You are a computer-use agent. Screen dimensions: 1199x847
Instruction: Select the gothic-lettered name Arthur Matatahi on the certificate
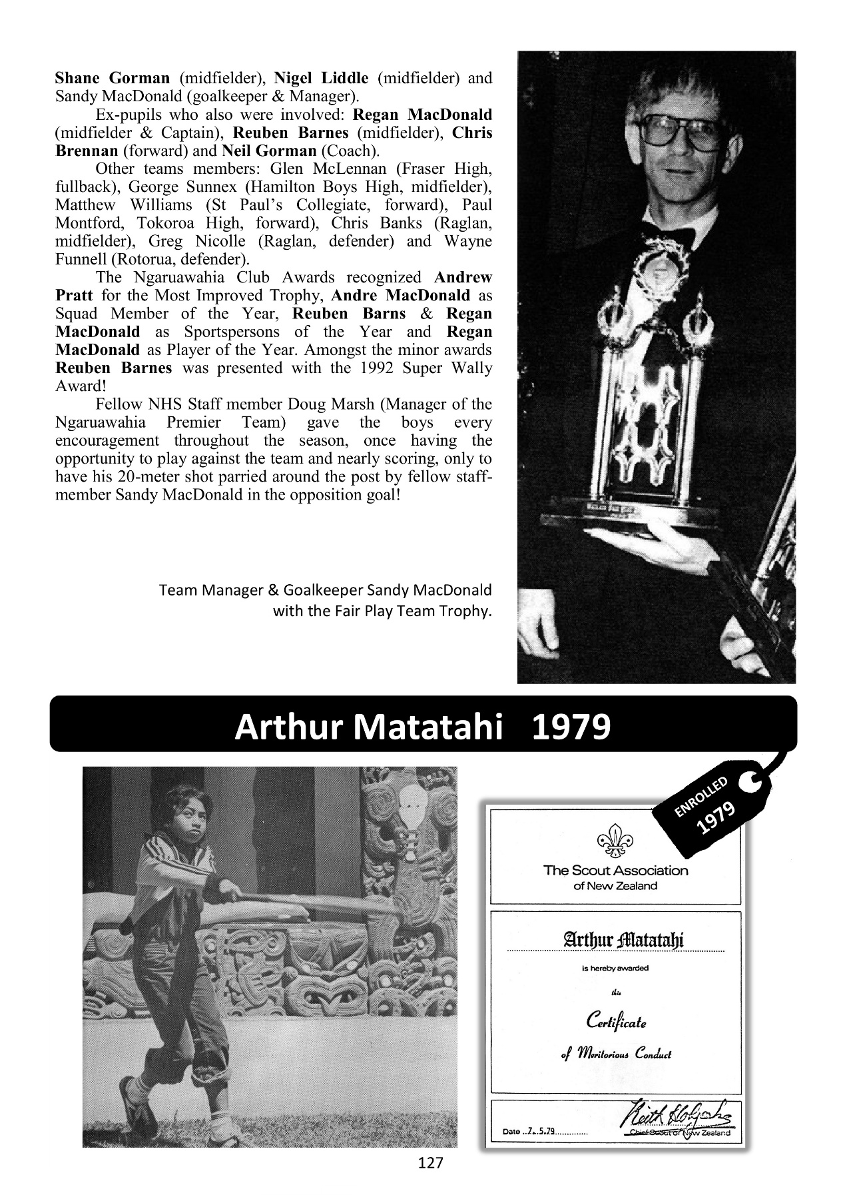[615, 940]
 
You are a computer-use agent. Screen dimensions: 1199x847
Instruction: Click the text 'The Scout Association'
[615, 870]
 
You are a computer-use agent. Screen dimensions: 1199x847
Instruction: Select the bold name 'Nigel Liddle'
[321, 78]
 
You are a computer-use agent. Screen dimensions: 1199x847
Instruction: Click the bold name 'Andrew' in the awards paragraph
[463, 277]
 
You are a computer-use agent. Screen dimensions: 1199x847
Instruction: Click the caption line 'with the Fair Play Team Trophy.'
[382, 611]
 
